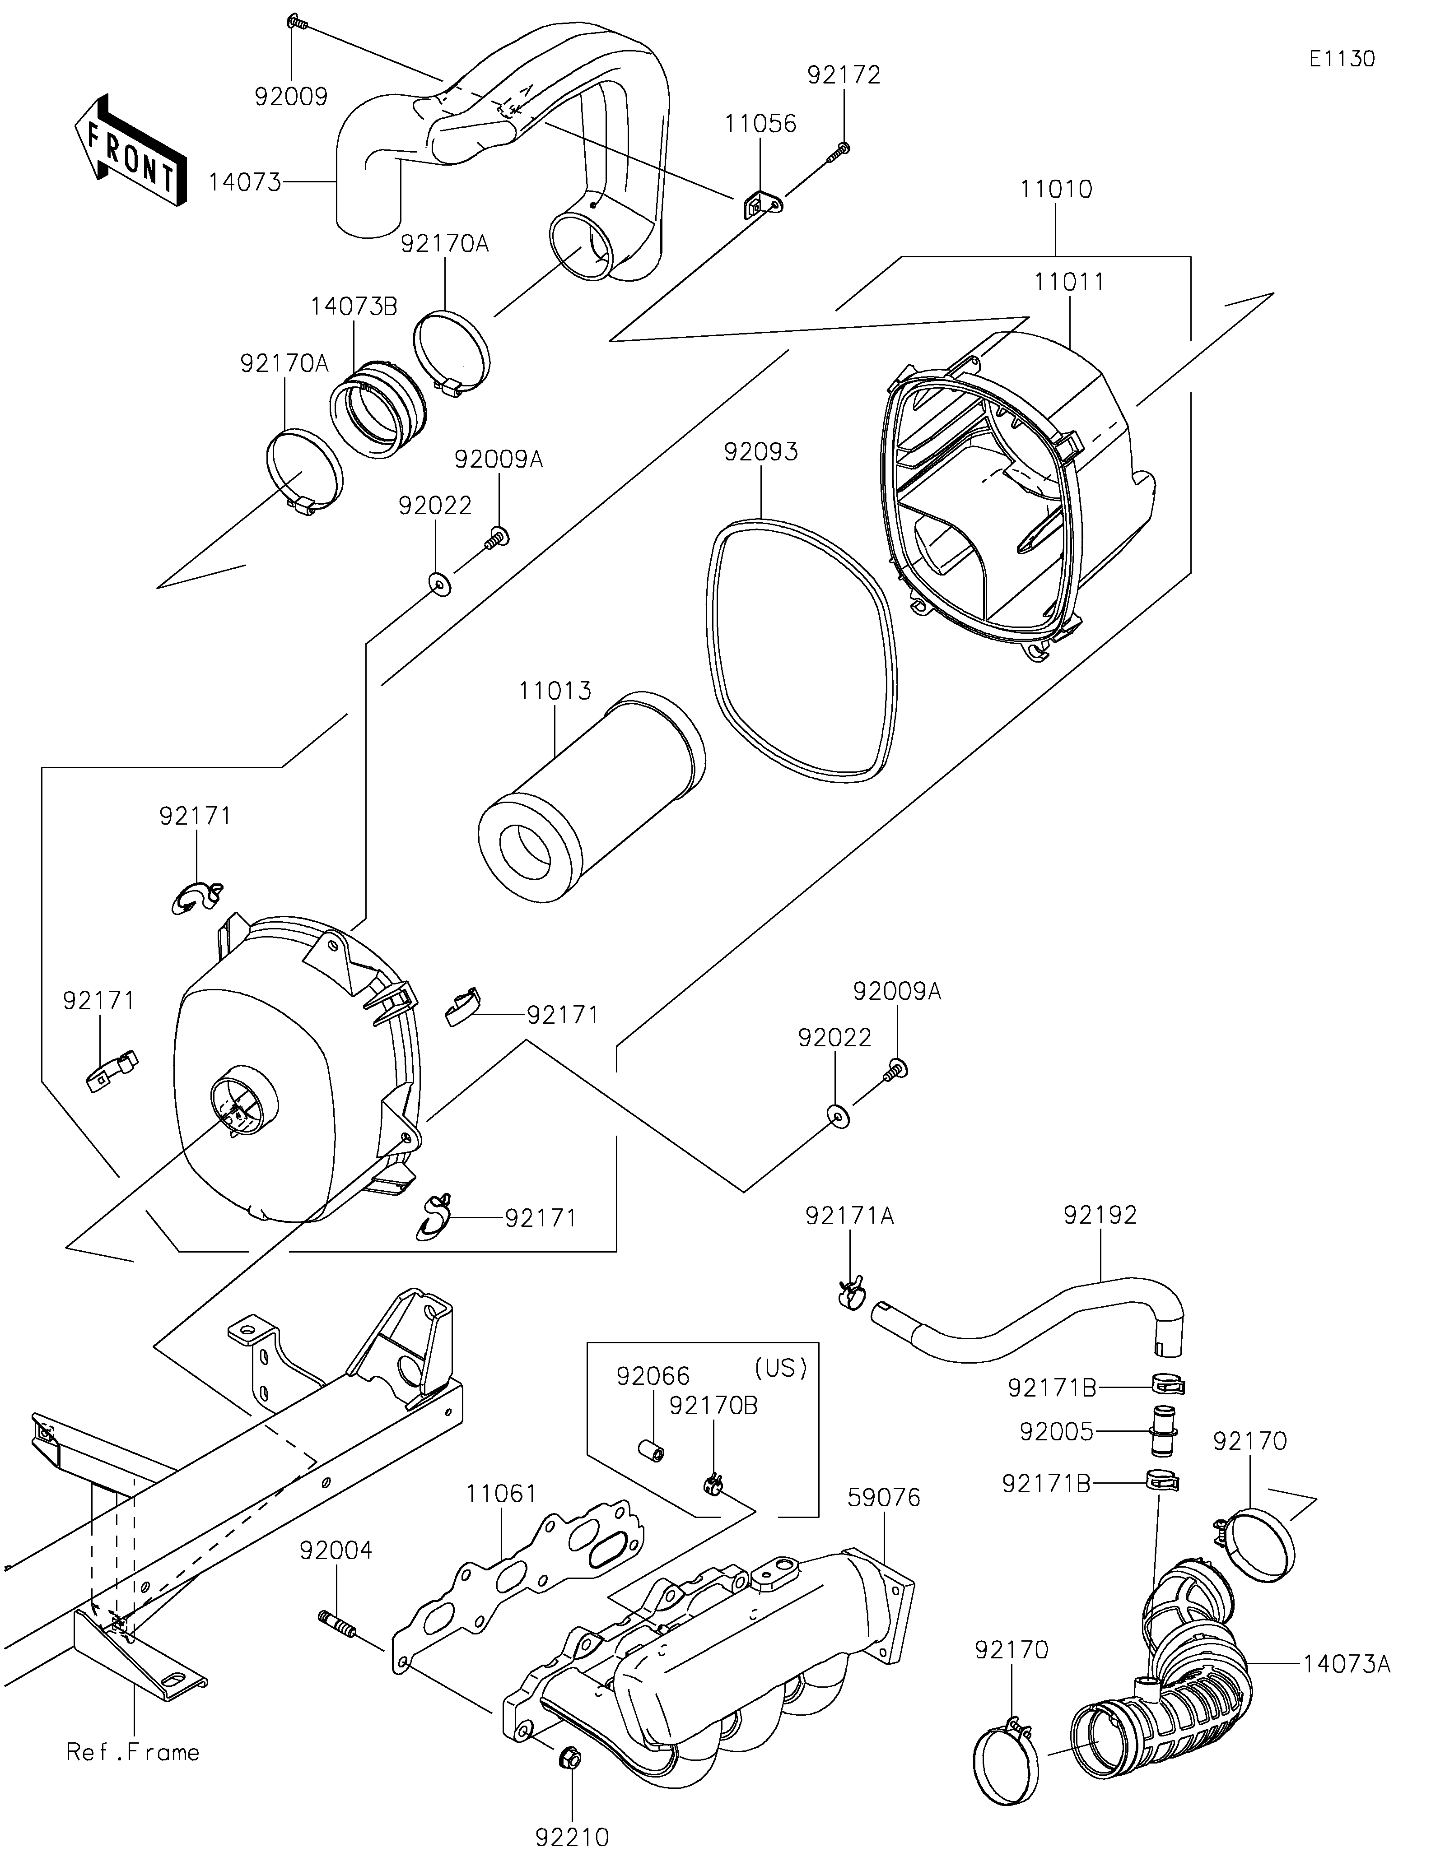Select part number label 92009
click(x=290, y=97)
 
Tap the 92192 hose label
click(x=1100, y=1215)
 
